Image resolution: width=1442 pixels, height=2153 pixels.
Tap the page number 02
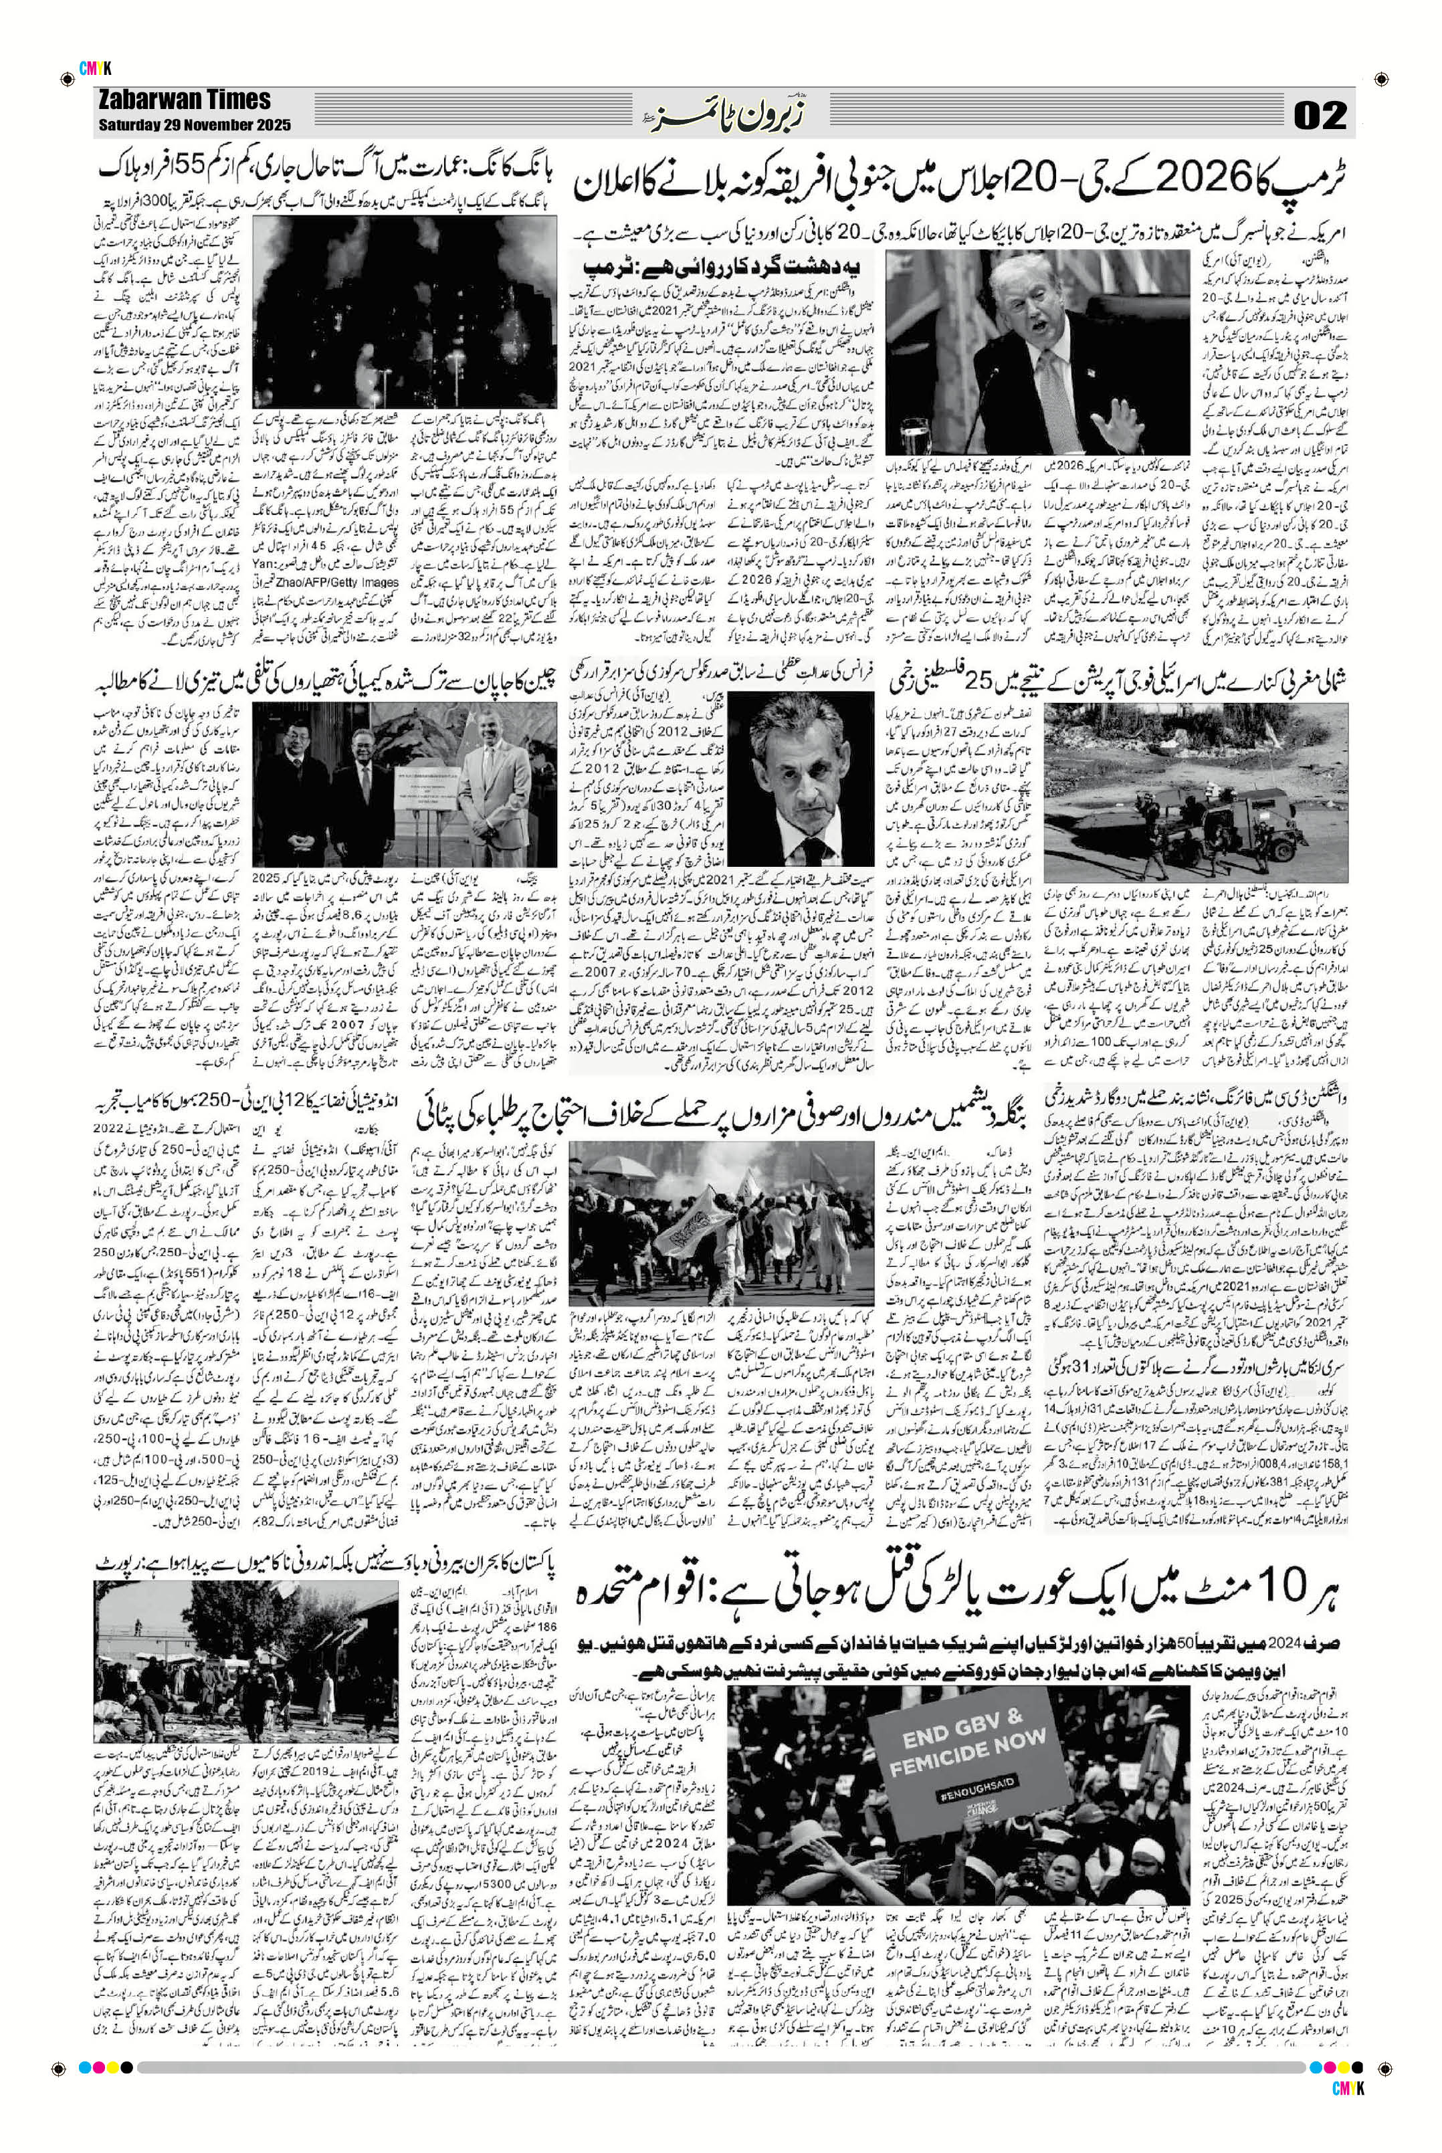pyautogui.click(x=1320, y=115)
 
